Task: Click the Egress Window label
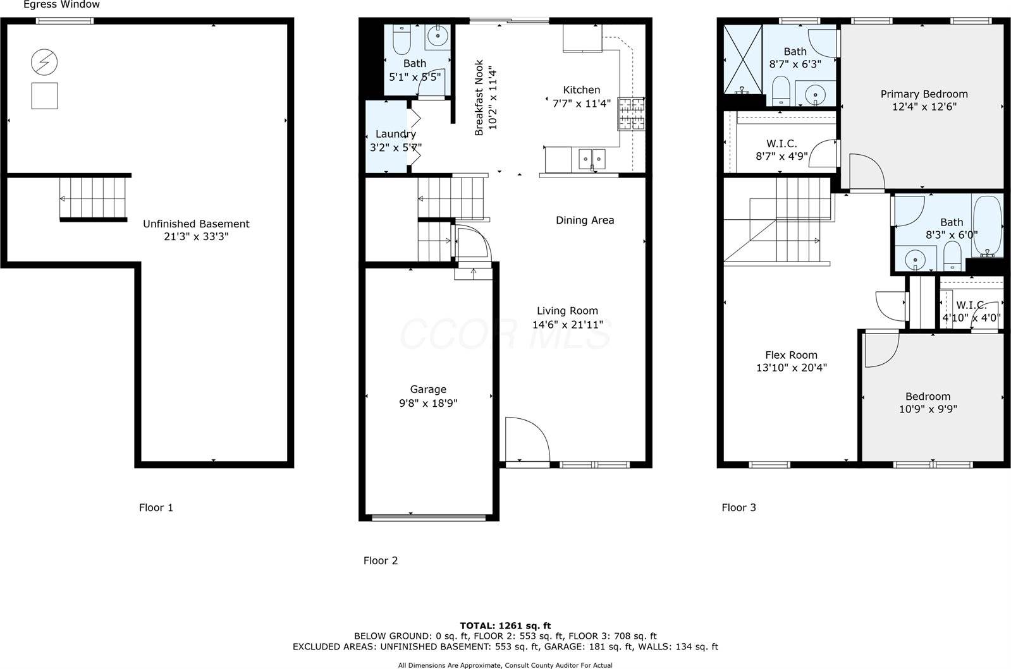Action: [x=61, y=5]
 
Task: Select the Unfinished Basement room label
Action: [x=196, y=224]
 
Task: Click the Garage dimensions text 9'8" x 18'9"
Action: [x=428, y=403]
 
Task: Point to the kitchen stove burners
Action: [x=631, y=114]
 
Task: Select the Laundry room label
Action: [x=395, y=134]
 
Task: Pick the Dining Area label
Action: [x=585, y=220]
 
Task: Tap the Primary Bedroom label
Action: [x=924, y=94]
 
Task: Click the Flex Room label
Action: [x=791, y=355]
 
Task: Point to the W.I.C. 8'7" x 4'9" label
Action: [x=781, y=150]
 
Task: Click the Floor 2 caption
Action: [x=380, y=560]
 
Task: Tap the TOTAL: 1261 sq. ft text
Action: [x=505, y=626]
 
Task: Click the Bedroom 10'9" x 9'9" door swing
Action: [x=881, y=350]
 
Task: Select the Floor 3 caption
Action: [x=738, y=507]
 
